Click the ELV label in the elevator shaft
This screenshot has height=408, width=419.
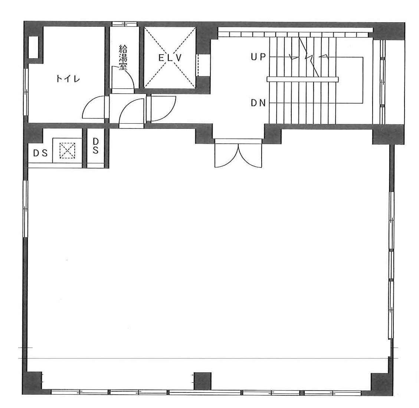tap(170, 58)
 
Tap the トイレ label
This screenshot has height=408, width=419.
tap(68, 79)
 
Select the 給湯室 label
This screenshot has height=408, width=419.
tap(123, 58)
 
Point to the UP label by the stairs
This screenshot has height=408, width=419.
tap(258, 57)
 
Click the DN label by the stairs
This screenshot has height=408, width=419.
tap(258, 103)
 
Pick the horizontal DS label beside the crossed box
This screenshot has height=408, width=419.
tap(40, 153)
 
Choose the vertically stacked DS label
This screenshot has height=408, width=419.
tap(96, 146)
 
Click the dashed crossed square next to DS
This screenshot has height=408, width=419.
tap(67, 150)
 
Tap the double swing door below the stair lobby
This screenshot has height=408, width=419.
tap(238, 154)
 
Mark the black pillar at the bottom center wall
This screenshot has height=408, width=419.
tap(203, 381)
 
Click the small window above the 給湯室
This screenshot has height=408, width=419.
tap(125, 24)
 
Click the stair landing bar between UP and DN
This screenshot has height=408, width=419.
tap(303, 79)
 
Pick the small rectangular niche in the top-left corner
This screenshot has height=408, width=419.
tap(34, 47)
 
